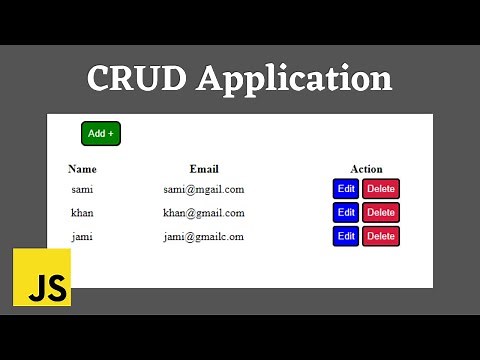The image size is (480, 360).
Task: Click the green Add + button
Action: (100, 133)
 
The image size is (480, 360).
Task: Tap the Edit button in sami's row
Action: (346, 188)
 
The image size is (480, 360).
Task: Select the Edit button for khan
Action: (346, 212)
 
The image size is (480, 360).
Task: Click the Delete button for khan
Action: (381, 212)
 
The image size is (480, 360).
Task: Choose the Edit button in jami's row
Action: (346, 236)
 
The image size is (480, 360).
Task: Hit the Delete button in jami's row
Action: (381, 236)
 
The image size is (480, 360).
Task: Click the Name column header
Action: (82, 169)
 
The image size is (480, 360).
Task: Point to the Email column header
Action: (204, 169)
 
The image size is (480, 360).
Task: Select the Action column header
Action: (366, 169)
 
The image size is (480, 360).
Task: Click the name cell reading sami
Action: (82, 188)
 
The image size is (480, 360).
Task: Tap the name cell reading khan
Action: (82, 212)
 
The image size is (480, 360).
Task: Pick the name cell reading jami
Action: (82, 236)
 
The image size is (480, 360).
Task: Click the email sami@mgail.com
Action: (204, 188)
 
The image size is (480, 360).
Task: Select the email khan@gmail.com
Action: (204, 212)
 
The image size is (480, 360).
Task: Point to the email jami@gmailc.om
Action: (204, 236)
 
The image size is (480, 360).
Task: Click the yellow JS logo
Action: (42, 277)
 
